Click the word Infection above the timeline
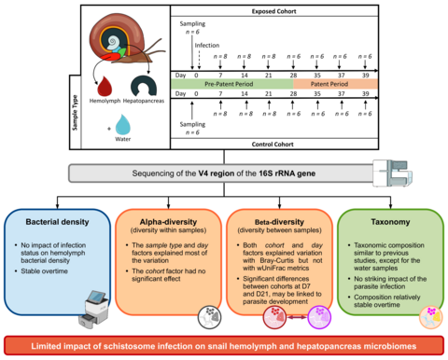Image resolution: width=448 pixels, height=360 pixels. pyautogui.click(x=208, y=44)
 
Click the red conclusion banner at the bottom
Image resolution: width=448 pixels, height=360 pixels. pyautogui.click(x=224, y=346)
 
